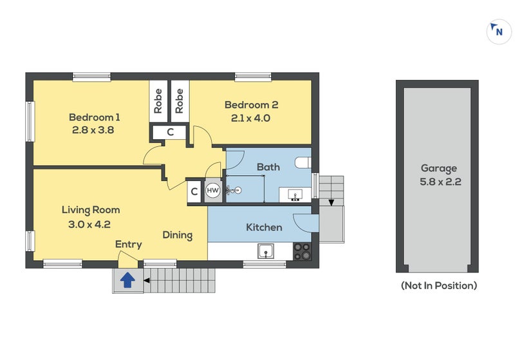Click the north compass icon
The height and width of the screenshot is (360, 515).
point(499,32)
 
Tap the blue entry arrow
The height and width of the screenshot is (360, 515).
point(127,281)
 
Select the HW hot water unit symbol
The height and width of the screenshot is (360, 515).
point(213,190)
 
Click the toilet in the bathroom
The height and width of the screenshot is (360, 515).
point(303,162)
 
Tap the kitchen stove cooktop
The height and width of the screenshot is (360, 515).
point(302,251)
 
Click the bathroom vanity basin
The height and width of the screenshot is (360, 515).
point(295,195)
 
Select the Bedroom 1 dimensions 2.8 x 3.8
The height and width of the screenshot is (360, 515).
point(93,130)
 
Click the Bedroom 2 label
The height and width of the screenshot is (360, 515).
point(251,105)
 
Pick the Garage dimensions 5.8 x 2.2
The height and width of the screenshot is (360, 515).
point(440,182)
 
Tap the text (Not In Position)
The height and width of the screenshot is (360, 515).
point(439,285)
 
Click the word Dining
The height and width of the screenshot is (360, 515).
point(178,235)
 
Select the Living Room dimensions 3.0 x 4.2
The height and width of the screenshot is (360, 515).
point(89,225)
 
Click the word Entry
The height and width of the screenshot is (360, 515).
point(128,244)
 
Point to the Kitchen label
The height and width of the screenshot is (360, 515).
point(264,227)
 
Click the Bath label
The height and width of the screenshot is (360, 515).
point(268,167)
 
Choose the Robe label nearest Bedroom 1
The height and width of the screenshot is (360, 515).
point(158,101)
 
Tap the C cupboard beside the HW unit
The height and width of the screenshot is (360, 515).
point(194,191)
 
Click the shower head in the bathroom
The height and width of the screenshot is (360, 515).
point(234,190)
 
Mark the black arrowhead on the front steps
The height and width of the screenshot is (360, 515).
point(147,281)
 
